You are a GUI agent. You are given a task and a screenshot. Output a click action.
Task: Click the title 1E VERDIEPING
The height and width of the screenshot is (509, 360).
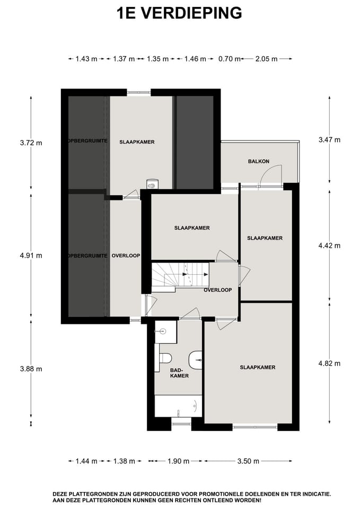coord(180,13)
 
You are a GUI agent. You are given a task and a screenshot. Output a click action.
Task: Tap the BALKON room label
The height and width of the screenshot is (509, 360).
coord(259,161)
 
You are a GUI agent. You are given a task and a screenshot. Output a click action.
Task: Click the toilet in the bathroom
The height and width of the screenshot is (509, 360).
coord(164,358)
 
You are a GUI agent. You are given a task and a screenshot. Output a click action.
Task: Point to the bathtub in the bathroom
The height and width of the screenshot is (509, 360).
coord(178,406)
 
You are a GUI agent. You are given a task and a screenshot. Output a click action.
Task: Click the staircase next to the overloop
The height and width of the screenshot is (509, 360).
coord(180,276)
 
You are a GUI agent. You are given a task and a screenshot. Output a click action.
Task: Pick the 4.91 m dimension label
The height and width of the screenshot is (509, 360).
coord(31,255)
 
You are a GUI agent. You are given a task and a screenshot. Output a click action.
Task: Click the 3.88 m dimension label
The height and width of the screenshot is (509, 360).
coord(31,368)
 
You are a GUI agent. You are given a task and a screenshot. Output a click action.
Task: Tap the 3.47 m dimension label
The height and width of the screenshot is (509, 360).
coord(329,140)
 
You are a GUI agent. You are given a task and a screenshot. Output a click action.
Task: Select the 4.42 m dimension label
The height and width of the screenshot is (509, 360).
coord(329,245)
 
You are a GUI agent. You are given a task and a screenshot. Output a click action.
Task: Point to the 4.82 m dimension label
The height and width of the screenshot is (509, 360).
coord(329,363)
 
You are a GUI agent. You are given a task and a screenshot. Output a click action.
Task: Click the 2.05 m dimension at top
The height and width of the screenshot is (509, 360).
coord(266,59)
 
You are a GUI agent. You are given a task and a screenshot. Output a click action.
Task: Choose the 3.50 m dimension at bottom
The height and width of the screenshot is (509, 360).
coord(248,461)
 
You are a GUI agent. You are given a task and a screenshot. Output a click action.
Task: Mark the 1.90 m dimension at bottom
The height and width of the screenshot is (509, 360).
coord(178,461)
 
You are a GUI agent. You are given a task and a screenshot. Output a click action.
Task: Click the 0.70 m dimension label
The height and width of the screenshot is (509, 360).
coord(229,59)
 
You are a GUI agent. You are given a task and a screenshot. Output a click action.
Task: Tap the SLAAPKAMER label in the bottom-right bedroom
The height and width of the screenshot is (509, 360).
coord(257,367)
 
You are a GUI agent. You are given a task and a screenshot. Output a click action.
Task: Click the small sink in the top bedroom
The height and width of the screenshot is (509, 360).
coord(152,185)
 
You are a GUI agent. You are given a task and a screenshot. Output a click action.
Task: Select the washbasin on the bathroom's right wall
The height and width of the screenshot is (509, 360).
coord(197,359)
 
